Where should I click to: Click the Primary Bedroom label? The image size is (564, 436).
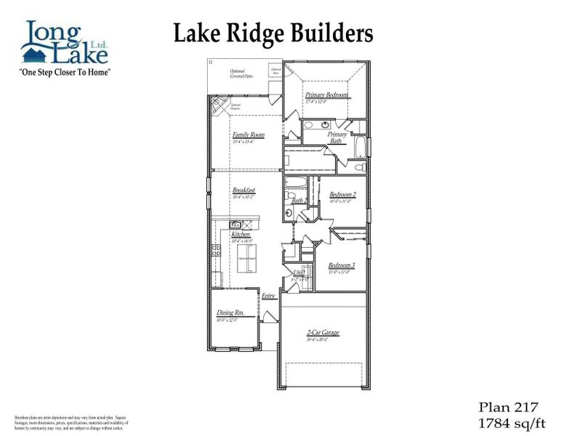326,95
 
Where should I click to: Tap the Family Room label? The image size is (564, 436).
248,135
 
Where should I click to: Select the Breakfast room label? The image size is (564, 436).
243,190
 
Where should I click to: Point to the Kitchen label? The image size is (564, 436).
241,235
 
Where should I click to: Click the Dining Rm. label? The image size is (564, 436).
230,313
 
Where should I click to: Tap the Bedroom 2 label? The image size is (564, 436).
342,194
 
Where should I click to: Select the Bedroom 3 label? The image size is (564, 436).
341,265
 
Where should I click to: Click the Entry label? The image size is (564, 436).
268,296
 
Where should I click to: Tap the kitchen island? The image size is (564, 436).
247,253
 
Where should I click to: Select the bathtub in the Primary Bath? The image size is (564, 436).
358,145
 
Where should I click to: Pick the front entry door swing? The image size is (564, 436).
268,315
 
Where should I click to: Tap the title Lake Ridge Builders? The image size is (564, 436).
273,33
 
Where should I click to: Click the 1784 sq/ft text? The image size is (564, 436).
509,421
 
